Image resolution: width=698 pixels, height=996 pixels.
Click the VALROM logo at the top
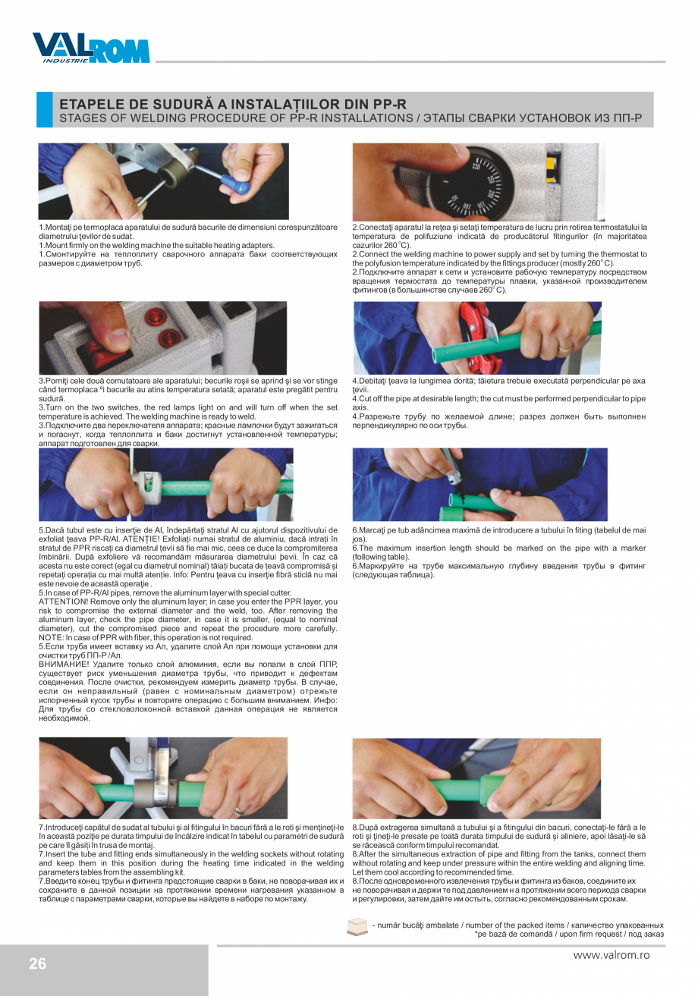click(x=91, y=48)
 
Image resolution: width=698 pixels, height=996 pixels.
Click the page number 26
click(x=37, y=963)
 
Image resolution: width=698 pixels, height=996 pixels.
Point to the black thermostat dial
click(x=486, y=183)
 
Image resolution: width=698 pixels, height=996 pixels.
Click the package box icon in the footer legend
click(x=357, y=928)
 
